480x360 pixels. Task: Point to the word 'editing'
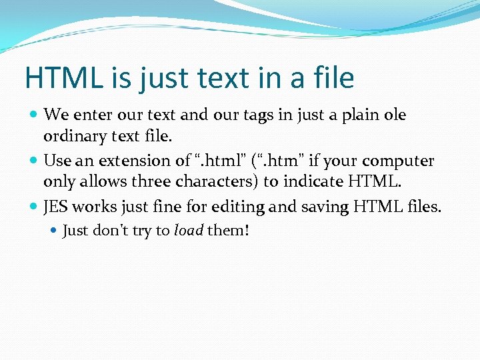241,207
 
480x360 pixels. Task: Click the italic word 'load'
189,231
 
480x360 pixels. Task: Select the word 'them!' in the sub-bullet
228,231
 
